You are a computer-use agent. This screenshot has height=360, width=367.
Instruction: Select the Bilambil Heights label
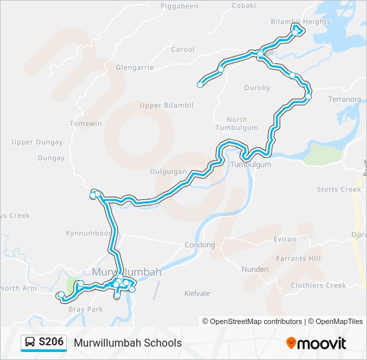[301, 21]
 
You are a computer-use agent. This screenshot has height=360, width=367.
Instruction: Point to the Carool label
[183, 49]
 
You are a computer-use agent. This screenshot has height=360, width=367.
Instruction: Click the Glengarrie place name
[134, 67]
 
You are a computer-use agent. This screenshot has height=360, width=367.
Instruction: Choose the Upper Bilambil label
[166, 105]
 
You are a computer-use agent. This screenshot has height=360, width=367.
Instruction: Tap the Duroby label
[258, 87]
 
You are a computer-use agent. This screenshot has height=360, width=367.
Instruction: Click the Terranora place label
[344, 99]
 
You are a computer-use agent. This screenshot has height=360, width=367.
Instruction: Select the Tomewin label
[85, 123]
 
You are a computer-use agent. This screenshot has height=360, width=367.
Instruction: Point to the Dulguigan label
[168, 171]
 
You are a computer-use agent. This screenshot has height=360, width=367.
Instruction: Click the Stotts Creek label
[339, 189]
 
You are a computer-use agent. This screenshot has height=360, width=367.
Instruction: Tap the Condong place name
[200, 245]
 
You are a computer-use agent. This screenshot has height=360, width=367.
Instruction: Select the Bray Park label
[86, 309]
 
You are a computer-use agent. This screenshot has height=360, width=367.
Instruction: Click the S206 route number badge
[51, 343]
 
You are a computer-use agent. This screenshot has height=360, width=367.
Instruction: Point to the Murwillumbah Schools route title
[128, 343]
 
